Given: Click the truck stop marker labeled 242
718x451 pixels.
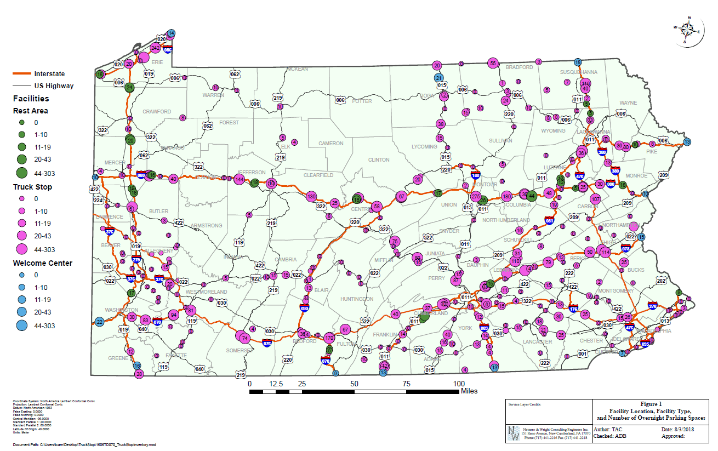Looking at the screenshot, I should point(155,48).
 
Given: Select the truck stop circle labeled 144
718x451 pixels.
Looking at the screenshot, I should point(239,179).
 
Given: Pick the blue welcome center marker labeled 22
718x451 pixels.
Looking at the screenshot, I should point(99,322).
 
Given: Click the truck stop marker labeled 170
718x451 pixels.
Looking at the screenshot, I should point(329,338).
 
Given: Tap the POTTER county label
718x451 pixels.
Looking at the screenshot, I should point(362,101).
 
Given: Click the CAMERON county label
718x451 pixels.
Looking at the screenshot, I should point(331,144).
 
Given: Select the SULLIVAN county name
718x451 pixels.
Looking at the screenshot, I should point(500,141).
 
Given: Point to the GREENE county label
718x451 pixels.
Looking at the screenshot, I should point(118,358).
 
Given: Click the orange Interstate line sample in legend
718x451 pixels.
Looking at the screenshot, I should point(21,73).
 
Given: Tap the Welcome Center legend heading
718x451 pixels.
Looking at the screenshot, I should point(43,263).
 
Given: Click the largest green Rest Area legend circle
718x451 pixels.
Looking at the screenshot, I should point(21,173).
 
